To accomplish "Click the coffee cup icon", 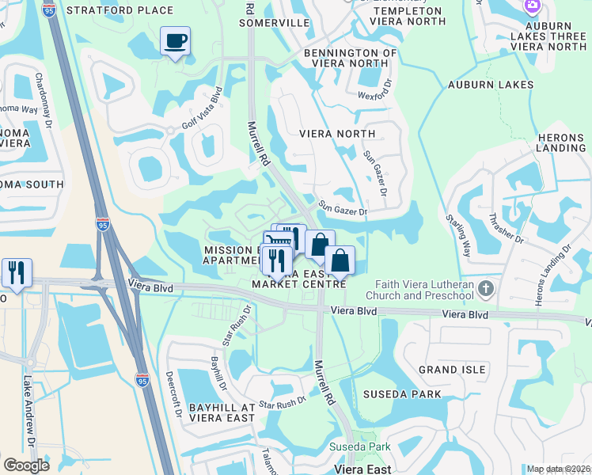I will [x=175, y=40].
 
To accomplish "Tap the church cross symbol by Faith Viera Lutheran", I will [x=487, y=290].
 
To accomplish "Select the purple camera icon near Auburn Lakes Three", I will [x=533, y=6].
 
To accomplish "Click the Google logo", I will [x=26, y=465].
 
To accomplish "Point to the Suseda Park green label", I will [x=360, y=447].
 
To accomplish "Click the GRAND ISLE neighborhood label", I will [x=449, y=370].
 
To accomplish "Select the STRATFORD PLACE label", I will [x=120, y=10].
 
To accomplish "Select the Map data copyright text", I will [x=558, y=469].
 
